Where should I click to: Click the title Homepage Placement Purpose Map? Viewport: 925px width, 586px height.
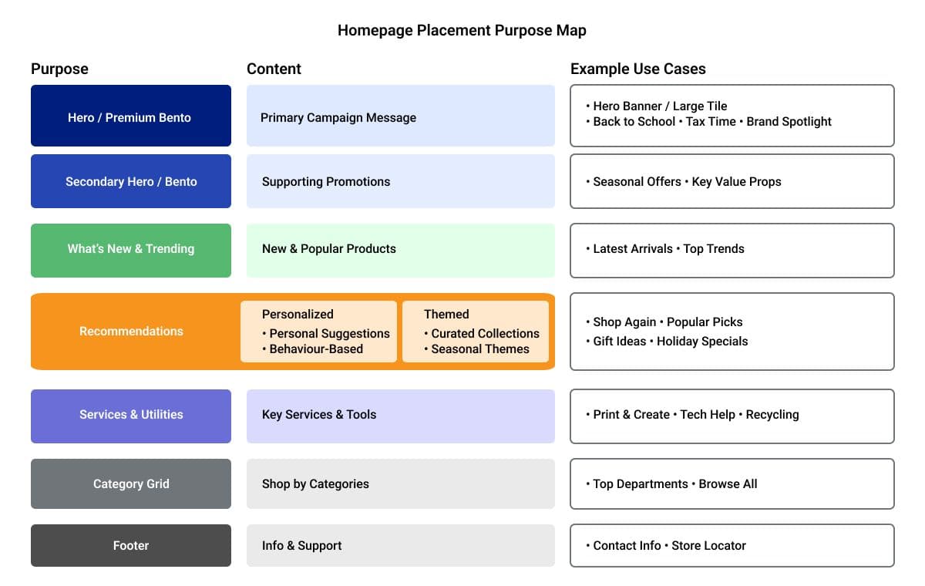tap(462, 31)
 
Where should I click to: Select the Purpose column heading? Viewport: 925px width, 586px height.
tap(59, 69)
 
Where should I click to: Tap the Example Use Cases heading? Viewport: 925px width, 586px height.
tap(637, 69)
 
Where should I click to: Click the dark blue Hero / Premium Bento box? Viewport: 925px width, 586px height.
tap(130, 117)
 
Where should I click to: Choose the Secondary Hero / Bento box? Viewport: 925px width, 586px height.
tap(130, 182)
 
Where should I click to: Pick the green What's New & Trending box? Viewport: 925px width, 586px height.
tap(130, 249)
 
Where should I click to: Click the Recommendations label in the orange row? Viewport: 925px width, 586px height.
tap(131, 332)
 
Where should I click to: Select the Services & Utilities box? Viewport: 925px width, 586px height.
tap(130, 415)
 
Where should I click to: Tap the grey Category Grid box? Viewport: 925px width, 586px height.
tap(130, 484)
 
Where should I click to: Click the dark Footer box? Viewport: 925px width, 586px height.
tap(130, 546)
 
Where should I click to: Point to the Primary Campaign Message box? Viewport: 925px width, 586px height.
tap(400, 117)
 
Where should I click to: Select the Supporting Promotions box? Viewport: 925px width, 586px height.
tap(400, 182)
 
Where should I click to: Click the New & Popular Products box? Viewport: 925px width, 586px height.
tap(400, 249)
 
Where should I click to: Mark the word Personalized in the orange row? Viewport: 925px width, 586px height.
tap(298, 315)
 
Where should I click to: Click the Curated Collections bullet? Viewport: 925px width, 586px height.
tap(485, 334)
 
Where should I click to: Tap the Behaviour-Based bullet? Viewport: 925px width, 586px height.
tap(316, 349)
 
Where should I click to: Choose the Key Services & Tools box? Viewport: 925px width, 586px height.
tap(400, 415)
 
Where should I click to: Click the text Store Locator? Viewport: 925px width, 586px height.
tap(708, 546)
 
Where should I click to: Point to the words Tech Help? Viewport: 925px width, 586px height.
tap(707, 415)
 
